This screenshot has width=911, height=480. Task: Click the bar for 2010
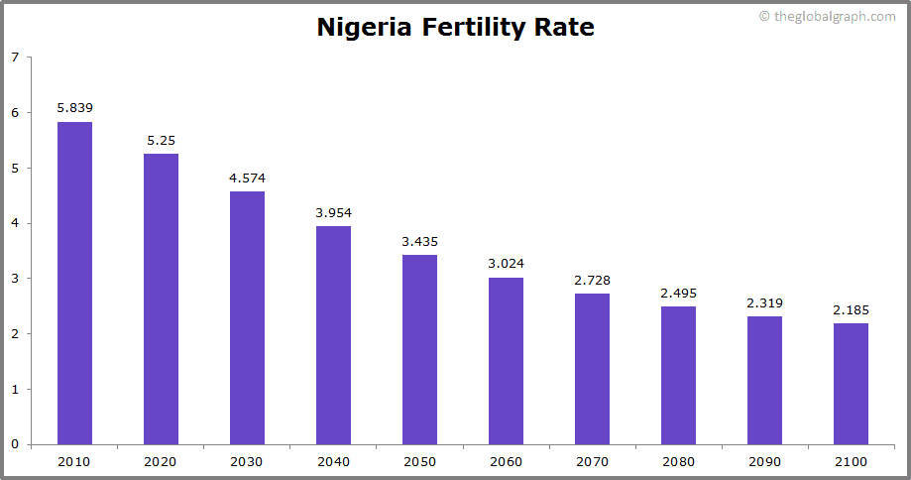[74, 283]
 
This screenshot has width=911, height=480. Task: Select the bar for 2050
[419, 349]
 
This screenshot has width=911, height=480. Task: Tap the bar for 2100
[851, 384]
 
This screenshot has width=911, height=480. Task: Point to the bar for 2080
[678, 375]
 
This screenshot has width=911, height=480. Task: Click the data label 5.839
[74, 107]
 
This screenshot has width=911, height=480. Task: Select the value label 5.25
[161, 140]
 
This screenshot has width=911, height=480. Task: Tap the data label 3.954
[333, 212]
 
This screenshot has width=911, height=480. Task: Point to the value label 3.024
[506, 264]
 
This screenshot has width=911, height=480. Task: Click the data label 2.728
[592, 281]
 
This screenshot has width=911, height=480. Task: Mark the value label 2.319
[764, 302]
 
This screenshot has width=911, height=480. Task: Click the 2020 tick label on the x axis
[161, 462]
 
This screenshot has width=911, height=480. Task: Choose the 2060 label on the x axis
[506, 462]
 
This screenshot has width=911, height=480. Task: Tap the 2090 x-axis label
[764, 462]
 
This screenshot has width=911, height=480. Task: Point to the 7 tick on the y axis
[15, 58]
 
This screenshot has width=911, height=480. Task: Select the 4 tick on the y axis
[15, 223]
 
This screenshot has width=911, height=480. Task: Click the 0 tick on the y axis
[15, 444]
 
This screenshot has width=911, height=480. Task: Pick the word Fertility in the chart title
[472, 28]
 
